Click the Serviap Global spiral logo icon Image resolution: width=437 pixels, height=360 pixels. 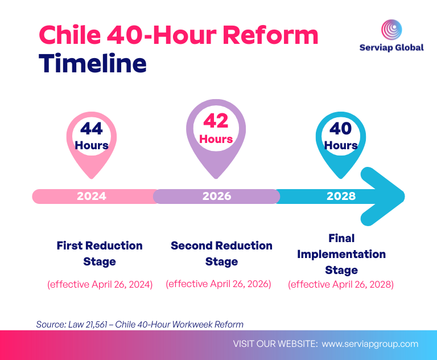coord(391,29)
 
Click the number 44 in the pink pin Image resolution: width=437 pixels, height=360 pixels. coord(92,128)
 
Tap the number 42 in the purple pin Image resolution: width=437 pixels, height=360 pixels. coord(216,121)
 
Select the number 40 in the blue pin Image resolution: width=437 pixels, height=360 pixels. coord(341,128)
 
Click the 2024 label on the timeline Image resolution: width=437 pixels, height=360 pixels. coord(92,196)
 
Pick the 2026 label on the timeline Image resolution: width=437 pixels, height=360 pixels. coord(217,196)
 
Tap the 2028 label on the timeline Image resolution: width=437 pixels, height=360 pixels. coord(341,196)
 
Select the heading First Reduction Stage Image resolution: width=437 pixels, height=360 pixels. coord(100,253)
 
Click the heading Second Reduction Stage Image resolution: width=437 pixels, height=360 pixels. coord(221,253)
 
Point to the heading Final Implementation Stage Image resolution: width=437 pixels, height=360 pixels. coord(341,254)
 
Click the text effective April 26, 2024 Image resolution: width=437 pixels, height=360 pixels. coord(100,284)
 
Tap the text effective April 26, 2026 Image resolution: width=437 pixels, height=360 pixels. coord(218,284)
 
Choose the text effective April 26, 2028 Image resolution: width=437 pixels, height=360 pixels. coord(341,284)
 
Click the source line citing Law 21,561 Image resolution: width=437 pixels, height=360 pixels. coord(139,324)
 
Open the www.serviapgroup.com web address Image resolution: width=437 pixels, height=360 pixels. coord(370,344)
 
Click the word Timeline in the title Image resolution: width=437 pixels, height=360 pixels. coord(92,63)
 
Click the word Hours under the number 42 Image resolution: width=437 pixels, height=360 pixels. coord(216,139)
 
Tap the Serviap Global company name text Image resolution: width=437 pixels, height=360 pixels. coord(391,47)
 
